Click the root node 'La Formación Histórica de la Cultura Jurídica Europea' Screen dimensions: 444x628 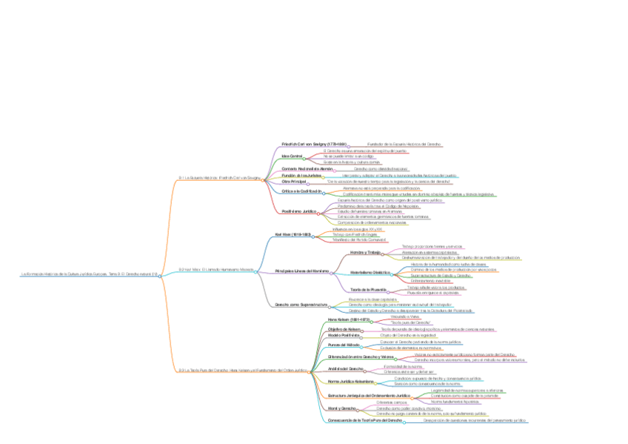pyautogui.click(x=90, y=275)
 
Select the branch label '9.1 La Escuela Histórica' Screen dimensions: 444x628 pyautogui.click(x=220, y=178)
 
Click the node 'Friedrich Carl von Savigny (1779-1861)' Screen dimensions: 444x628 pyautogui.click(x=314, y=144)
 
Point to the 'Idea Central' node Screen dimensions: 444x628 pyautogui.click(x=293, y=156)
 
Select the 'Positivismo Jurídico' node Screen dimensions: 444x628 pyautogui.click(x=299, y=211)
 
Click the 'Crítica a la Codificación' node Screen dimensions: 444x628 pyautogui.click(x=301, y=191)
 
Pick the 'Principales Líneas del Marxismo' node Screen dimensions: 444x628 pyautogui.click(x=301, y=271)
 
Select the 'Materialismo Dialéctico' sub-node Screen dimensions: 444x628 pyautogui.click(x=370, y=273)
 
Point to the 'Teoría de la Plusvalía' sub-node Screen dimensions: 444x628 pyautogui.click(x=370, y=289)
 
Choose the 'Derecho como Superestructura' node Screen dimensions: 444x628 pyautogui.click(x=301, y=304)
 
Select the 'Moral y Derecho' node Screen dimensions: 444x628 pyautogui.click(x=342, y=408)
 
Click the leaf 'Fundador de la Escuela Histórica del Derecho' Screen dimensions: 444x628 pyautogui.click(x=404, y=144)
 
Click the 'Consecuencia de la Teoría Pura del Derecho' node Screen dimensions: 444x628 pyautogui.click(x=365, y=420)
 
